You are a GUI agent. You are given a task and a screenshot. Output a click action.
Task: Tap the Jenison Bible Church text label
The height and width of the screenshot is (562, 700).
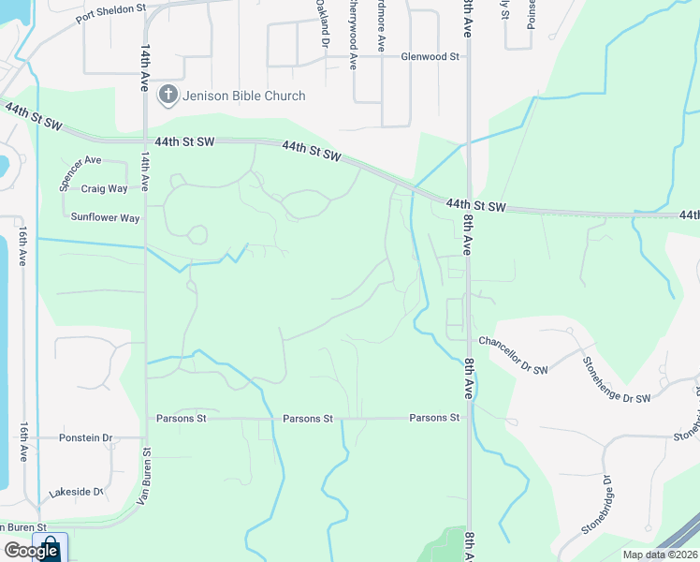pyautogui.click(x=244, y=96)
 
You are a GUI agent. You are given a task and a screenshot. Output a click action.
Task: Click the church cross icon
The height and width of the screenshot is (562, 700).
pyautogui.click(x=168, y=94)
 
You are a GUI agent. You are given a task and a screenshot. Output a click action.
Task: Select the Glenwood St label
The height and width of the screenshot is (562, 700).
pyautogui.click(x=430, y=56)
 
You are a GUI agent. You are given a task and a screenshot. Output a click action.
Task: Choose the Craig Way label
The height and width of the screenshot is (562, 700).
pyautogui.click(x=104, y=188)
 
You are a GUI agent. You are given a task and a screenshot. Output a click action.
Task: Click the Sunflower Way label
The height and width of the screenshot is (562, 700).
pyautogui.click(x=105, y=217)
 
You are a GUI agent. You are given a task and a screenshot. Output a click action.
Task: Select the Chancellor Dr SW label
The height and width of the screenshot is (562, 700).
pyautogui.click(x=514, y=344)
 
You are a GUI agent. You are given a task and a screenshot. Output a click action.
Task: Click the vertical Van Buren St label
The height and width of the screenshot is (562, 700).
pyautogui.click(x=145, y=474)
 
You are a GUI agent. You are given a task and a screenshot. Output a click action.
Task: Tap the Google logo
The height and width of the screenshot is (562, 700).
pyautogui.click(x=31, y=551)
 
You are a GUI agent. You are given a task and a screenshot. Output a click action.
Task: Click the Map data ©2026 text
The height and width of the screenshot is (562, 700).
pyautogui.click(x=659, y=555)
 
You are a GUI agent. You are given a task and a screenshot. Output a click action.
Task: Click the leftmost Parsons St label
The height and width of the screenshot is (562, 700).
pyautogui.click(x=182, y=419)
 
